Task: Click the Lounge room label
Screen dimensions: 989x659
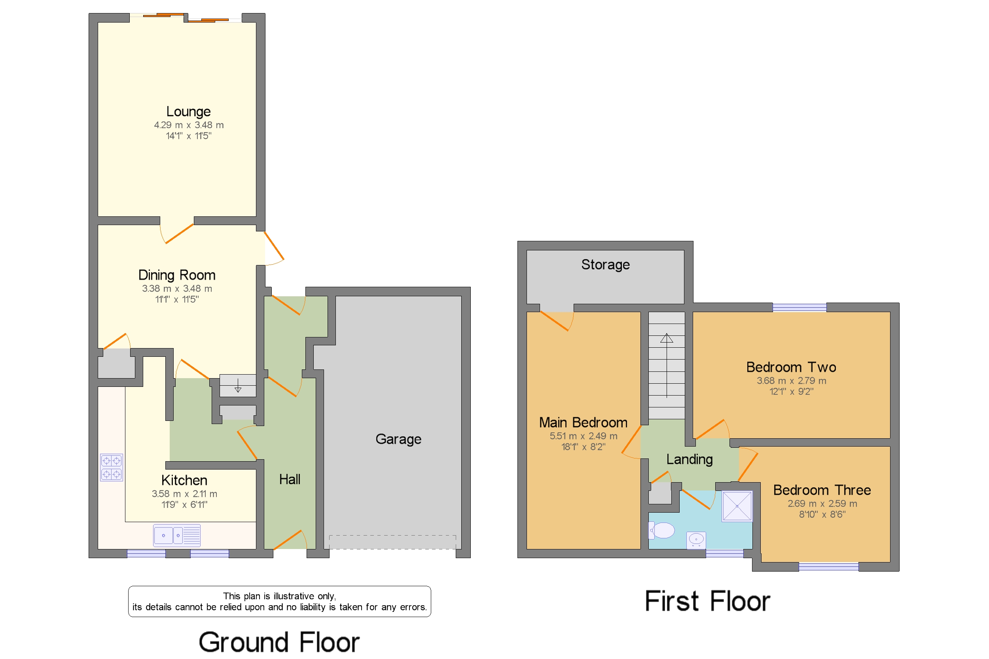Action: (188, 112)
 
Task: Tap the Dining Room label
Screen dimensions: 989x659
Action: (177, 275)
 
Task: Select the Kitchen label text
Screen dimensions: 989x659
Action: (184, 480)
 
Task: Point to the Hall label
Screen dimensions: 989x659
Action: (290, 479)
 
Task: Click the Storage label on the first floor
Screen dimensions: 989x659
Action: (606, 265)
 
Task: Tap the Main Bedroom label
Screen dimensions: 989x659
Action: (584, 423)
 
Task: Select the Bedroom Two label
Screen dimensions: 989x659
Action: (792, 367)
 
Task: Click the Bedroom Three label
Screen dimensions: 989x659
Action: (822, 490)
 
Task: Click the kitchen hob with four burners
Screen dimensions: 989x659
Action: (112, 468)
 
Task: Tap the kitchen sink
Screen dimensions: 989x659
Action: (177, 536)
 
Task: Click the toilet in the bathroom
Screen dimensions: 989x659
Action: (662, 530)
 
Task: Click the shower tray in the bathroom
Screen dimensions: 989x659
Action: (737, 506)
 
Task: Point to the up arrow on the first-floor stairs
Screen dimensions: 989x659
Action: (667, 365)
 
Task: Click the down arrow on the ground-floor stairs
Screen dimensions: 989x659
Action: (238, 385)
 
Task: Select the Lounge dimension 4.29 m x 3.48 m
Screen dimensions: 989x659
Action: (189, 125)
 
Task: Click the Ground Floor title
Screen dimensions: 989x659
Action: (279, 642)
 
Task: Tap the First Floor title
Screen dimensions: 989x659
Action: (707, 601)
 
